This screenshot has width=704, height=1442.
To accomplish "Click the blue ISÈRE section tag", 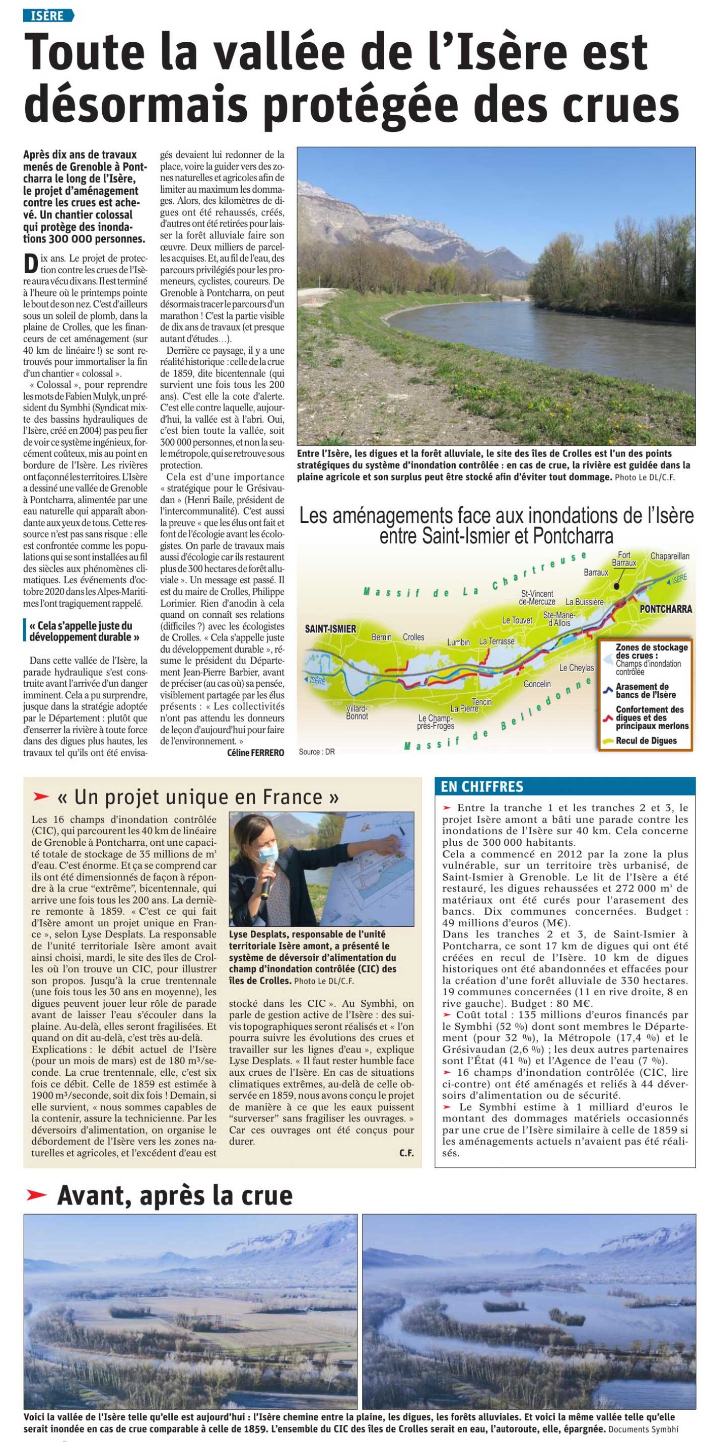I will pos(48,15).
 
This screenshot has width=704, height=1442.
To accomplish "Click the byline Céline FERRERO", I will pos(255,752).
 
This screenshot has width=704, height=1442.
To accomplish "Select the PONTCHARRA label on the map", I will pos(665,608).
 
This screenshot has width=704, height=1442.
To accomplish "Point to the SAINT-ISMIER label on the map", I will pos(330,628).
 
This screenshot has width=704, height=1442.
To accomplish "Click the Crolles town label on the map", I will pos(413,637).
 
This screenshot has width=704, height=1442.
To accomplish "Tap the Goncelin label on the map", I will pos(536,684).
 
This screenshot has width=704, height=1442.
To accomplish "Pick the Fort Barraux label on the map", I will pos(623,558).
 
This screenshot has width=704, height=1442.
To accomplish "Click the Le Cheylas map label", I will pos(576,668).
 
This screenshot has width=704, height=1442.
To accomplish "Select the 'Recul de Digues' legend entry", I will pos(646,741).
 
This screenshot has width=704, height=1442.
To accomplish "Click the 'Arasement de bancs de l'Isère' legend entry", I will pos(646,690).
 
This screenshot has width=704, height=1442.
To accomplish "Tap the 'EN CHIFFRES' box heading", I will pos(481,786).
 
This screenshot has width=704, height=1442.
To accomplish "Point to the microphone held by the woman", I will pos(268,884).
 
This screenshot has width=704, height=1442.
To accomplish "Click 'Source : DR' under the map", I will pos(316,752).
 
